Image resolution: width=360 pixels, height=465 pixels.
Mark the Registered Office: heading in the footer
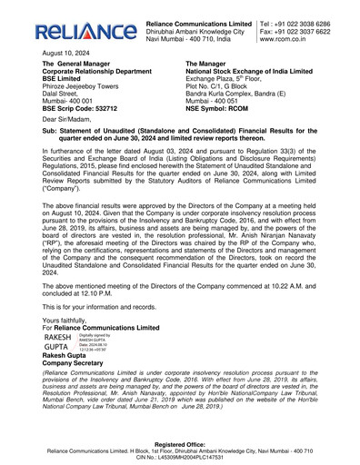[x=180, y=442]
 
